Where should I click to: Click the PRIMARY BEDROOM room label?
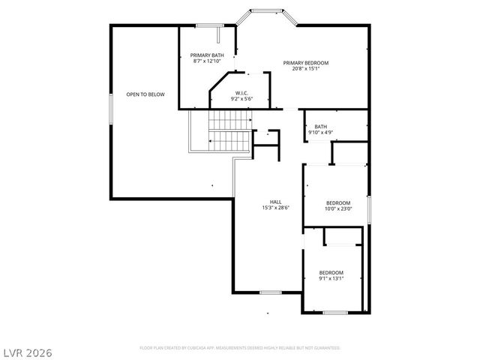pyautogui.click(x=305, y=62)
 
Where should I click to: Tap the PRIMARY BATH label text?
pyautogui.click(x=206, y=55)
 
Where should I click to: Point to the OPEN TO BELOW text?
pyautogui.click(x=145, y=94)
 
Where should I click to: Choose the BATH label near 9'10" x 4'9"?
pyautogui.click(x=320, y=127)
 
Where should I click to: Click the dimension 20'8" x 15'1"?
pyautogui.click(x=305, y=68)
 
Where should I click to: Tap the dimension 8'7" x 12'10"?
pyautogui.click(x=206, y=61)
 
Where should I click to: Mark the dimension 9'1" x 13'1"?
pyautogui.click(x=331, y=278)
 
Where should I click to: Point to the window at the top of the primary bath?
pyautogui.click(x=207, y=26)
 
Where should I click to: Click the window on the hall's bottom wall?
pyautogui.click(x=270, y=292)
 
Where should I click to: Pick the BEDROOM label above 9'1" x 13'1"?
pyautogui.click(x=331, y=272)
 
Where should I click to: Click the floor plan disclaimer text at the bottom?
pyautogui.click(x=240, y=348)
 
